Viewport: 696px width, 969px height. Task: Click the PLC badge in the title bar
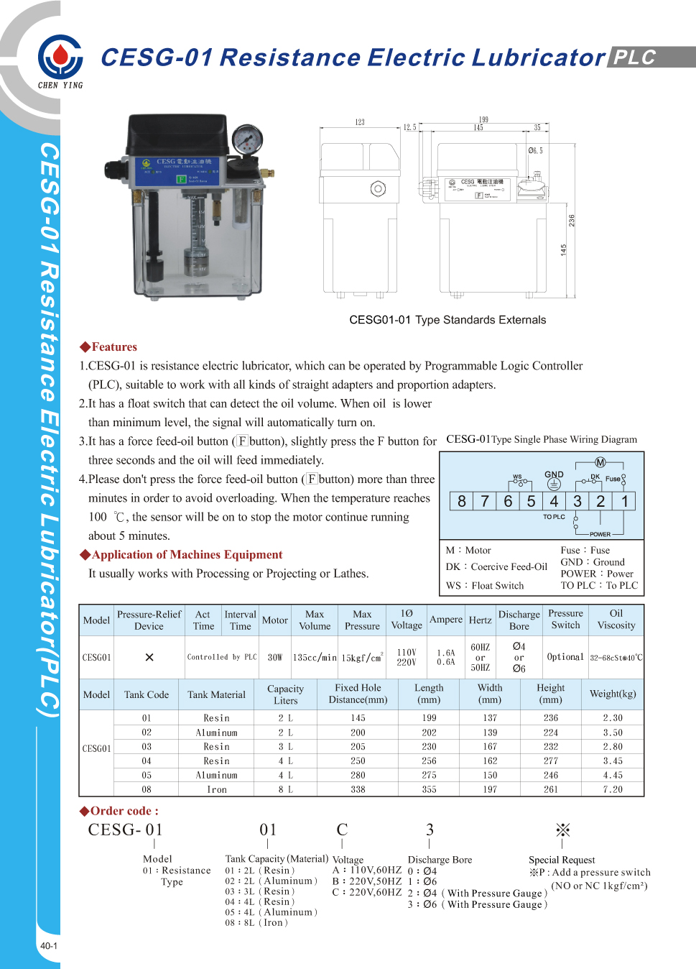(x=634, y=58)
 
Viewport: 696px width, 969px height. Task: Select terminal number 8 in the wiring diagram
(x=461, y=501)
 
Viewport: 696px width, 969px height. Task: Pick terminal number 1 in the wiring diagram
(x=625, y=501)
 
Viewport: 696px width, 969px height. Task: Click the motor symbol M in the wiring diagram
(x=600, y=462)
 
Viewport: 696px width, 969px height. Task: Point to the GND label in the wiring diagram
(x=554, y=474)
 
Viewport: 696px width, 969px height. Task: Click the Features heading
(x=108, y=347)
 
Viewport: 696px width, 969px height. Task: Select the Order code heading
(x=119, y=811)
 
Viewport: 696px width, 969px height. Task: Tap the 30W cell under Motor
(x=274, y=657)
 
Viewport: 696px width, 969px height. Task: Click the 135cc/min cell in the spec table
(x=315, y=657)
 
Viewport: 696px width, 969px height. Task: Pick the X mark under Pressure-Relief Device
(x=149, y=657)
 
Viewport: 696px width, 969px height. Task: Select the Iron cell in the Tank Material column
(x=216, y=789)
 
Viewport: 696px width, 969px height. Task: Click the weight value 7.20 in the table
(x=613, y=789)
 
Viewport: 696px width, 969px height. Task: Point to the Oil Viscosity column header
(x=616, y=620)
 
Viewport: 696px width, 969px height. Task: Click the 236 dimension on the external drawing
(x=572, y=220)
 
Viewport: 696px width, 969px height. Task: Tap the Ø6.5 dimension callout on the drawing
(x=535, y=151)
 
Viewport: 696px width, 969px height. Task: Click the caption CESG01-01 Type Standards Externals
(x=447, y=320)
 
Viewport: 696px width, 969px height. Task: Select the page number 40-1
(x=48, y=946)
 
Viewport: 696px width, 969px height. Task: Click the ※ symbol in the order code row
(x=562, y=830)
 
